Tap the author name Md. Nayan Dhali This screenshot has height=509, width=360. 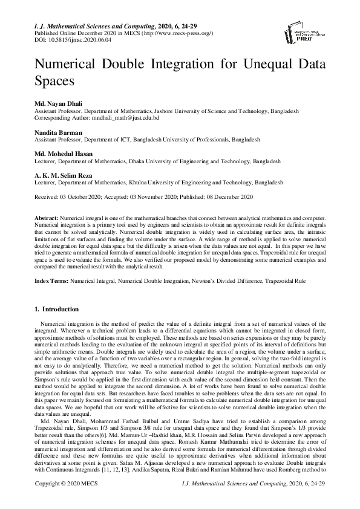(x=59, y=104)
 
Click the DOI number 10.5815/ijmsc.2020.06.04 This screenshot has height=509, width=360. (x=76, y=40)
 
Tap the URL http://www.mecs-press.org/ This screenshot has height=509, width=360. (x=177, y=33)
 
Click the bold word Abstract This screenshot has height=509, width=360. (x=47, y=217)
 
